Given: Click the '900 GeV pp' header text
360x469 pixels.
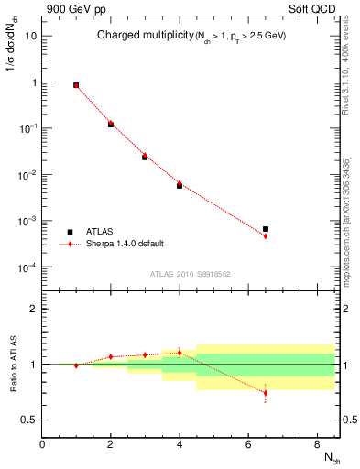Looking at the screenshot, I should [69, 10].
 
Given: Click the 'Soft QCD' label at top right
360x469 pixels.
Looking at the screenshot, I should [313, 10].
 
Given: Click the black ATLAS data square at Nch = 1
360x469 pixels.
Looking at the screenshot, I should [76, 85].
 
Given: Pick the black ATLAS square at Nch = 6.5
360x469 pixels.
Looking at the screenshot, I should [265, 229].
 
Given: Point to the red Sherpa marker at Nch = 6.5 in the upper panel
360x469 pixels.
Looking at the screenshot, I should [265, 236].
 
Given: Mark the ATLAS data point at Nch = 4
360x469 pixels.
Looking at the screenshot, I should [180, 185].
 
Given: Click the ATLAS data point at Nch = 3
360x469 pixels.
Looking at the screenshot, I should [145, 158].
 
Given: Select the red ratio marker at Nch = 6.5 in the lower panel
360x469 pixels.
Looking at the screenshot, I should [265, 393].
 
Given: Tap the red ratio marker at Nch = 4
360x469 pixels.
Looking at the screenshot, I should [180, 352].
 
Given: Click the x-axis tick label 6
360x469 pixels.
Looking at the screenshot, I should [248, 444].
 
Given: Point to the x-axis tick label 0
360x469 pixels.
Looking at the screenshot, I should [42, 444].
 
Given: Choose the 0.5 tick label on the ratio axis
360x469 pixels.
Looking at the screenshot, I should [30, 420].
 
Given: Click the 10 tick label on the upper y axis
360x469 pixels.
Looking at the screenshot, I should [30, 36].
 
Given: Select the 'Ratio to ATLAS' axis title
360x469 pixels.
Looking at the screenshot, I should [12, 364].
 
